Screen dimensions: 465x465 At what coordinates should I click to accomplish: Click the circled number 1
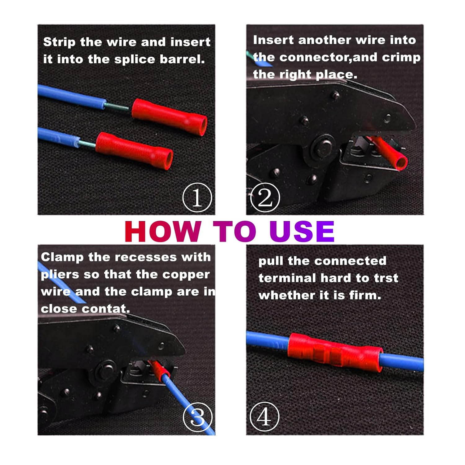pos(197,197)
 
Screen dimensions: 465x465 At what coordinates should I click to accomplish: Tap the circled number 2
pos(265,197)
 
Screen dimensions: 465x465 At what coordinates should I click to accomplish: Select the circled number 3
pos(197,417)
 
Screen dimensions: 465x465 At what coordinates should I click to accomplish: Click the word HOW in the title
pos(163,232)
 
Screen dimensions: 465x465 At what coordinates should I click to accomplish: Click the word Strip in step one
pos(59,42)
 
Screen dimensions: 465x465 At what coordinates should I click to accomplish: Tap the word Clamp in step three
pos(62,257)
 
